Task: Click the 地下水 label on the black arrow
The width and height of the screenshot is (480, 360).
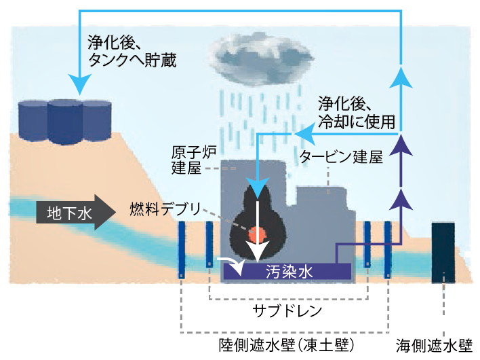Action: (67, 213)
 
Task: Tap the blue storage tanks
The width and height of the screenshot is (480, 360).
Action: (64, 122)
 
